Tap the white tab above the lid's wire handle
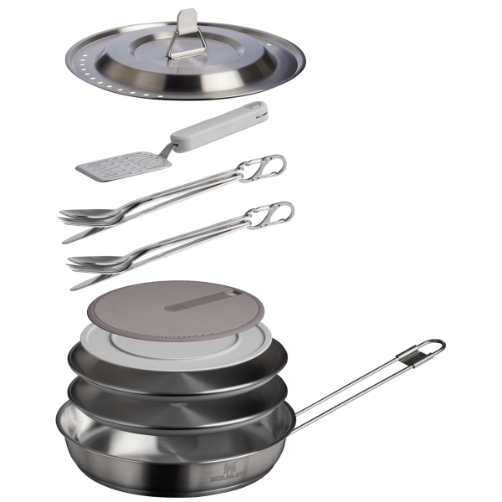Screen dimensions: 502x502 (x=189, y=17)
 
